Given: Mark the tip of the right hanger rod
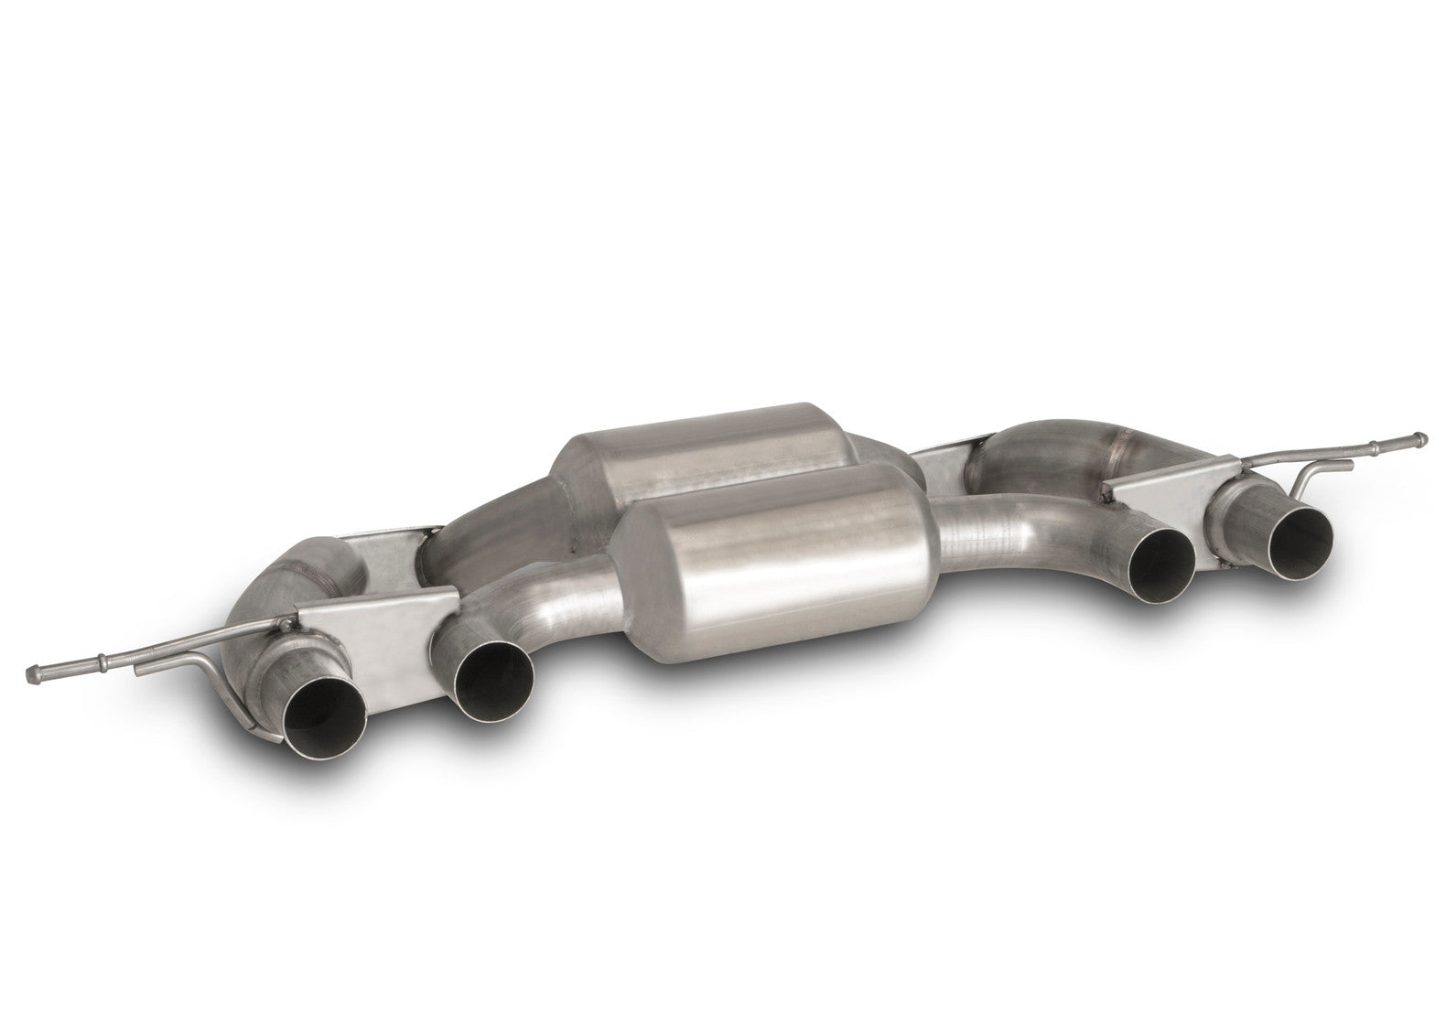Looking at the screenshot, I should tap(1418, 437).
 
